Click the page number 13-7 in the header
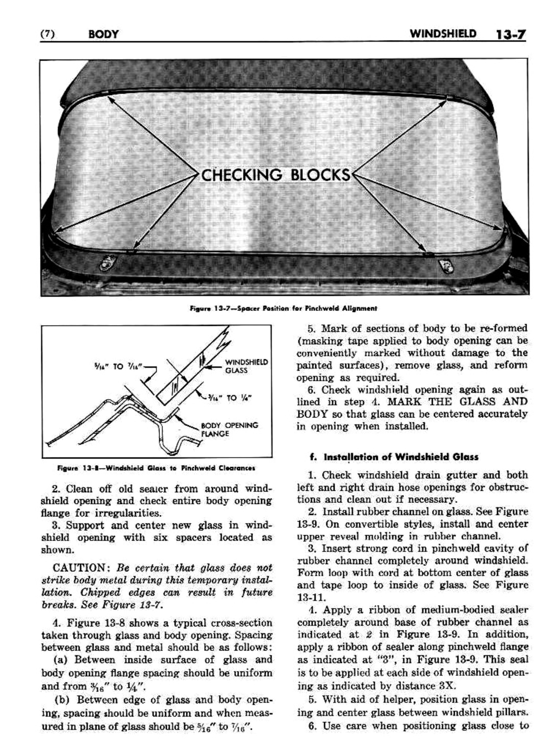(509, 35)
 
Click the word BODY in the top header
(103, 35)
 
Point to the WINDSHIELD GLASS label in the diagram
(246, 366)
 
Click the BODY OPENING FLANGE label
(229, 429)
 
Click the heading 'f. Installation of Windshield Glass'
(395, 457)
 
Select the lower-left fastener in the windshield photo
(107, 263)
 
